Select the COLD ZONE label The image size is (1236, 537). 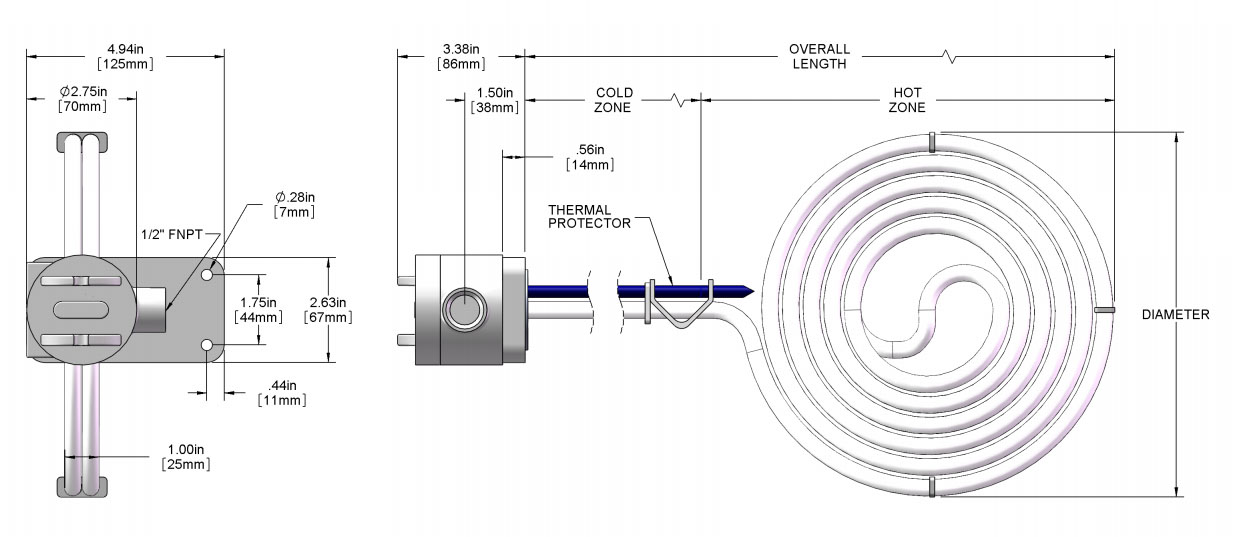(612, 100)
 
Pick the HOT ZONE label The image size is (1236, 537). (907, 100)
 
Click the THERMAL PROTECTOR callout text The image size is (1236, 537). (589, 216)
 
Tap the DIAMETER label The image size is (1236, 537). (1175, 315)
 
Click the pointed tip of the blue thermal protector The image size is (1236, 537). (749, 291)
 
